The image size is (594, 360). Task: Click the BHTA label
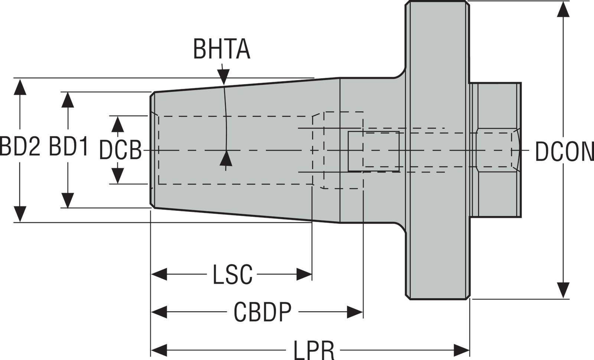[221, 49]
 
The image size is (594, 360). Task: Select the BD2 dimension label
[19, 146]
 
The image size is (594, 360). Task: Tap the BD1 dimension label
[69, 146]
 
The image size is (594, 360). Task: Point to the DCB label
[120, 151]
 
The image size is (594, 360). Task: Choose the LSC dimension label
[232, 275]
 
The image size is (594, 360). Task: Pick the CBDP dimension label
[262, 312]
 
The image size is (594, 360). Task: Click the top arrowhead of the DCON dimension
[564, 9]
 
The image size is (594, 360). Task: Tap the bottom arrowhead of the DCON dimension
[564, 290]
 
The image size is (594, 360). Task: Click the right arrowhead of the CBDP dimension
[355, 312]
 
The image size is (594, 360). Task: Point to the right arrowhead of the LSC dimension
[304, 275]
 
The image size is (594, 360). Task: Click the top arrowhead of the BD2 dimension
[20, 87]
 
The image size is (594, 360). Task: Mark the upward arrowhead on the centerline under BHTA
[226, 159]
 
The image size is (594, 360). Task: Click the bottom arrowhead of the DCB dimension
[118, 175]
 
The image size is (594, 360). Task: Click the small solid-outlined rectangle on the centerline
[373, 151]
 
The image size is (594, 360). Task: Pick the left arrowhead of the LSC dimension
[159, 275]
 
